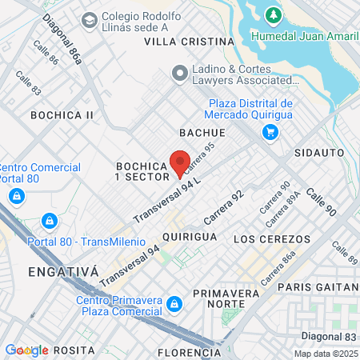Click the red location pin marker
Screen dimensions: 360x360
coord(180,163)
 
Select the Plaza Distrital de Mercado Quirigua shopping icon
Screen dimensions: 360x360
coord(270,132)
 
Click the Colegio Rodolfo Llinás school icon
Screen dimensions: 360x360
coord(89,18)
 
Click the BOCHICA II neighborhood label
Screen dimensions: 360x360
coord(62,115)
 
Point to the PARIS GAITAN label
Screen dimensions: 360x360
coord(318,286)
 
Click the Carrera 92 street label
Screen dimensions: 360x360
coord(223,207)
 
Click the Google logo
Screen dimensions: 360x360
coord(26,350)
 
